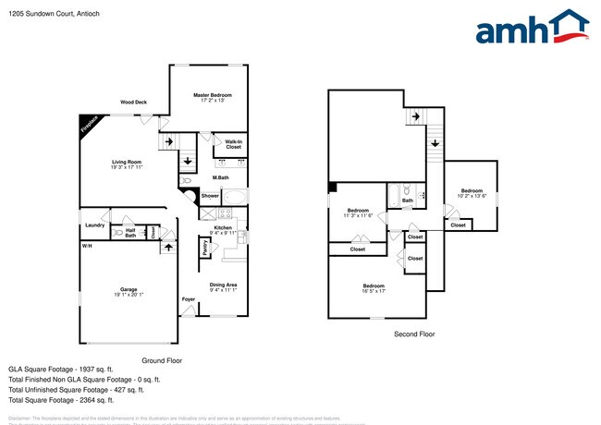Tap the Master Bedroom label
coord(212,95)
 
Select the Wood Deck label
coord(133,103)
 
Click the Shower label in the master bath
coord(210,196)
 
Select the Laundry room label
coord(94,225)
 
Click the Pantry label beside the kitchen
coord(204,248)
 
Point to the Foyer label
coord(188,299)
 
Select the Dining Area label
coord(223,284)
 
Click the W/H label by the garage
coord(86,246)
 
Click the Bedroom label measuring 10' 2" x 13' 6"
coord(472,190)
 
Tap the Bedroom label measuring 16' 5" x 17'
coord(374,285)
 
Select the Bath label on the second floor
coord(407,200)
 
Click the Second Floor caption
coord(413,334)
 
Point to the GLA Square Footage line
coord(60,368)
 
